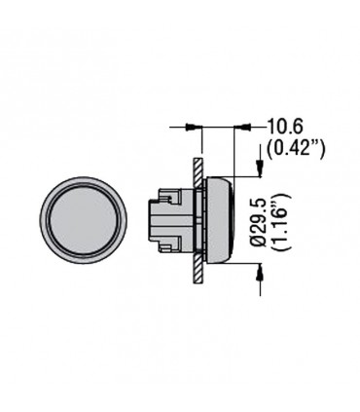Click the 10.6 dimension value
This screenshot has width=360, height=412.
[285, 127]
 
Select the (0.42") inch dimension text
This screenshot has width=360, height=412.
[295, 148]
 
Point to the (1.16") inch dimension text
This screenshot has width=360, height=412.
[280, 221]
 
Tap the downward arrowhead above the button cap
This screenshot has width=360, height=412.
[260, 169]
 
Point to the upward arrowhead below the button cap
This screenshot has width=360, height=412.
[260, 272]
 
